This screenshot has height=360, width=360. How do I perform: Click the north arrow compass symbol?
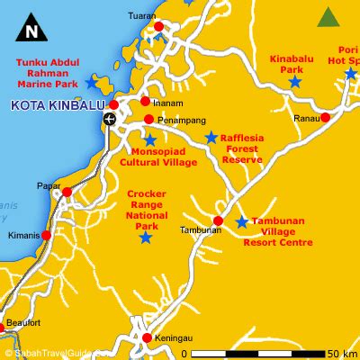click(x=33, y=30)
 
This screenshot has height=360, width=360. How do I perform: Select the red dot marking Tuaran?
click(x=159, y=26)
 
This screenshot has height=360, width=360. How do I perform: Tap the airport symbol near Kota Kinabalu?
click(x=110, y=119)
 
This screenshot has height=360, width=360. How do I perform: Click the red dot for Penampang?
click(x=148, y=120)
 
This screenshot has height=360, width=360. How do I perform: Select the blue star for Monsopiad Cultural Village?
click(x=149, y=140)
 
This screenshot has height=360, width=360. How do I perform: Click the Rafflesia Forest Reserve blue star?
click(x=211, y=138)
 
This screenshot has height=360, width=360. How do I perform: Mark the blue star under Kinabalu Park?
click(x=294, y=82)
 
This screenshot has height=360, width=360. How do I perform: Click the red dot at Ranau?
click(x=325, y=118)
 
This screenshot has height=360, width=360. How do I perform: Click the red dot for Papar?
click(x=66, y=192)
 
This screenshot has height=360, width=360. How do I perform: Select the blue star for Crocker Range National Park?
click(x=146, y=238)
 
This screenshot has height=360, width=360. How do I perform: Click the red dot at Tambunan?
click(x=217, y=220)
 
